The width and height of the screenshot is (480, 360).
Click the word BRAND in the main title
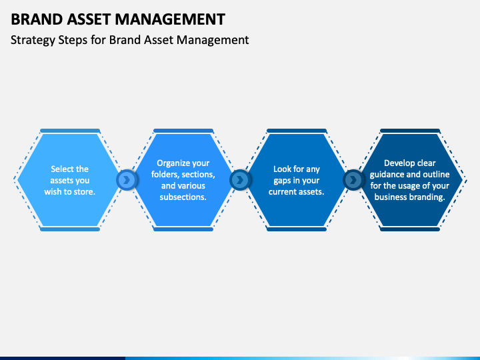click(x=33, y=19)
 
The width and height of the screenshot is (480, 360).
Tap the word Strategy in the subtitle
click(x=32, y=40)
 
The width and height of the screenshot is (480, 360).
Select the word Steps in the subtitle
click(x=74, y=40)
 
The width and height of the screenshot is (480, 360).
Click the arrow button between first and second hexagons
click(x=127, y=180)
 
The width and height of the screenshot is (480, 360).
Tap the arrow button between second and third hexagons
click(x=240, y=180)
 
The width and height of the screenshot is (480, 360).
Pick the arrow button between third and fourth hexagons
click(x=353, y=180)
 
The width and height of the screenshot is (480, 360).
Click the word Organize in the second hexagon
click(x=174, y=163)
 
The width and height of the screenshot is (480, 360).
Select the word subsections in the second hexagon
click(x=183, y=197)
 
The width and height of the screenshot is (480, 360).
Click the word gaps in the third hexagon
click(x=283, y=181)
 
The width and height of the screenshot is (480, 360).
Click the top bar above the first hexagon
click(x=70, y=131)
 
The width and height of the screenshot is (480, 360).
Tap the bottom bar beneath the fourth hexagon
click(x=410, y=229)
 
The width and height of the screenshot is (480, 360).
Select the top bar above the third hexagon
click(x=297, y=131)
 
